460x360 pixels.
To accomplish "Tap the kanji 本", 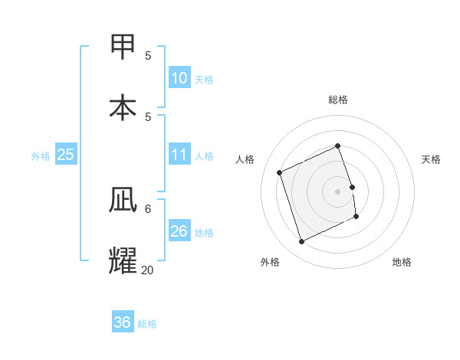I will [123, 106].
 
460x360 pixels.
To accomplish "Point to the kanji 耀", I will [123, 260].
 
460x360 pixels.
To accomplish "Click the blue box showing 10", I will [179, 77].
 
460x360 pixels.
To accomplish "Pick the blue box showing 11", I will [179, 155].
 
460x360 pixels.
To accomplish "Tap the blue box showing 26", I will [179, 231].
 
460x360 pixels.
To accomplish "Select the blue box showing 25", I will [66, 155].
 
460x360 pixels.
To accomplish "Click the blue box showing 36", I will [123, 322].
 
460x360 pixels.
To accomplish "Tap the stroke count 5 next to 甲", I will [148, 55].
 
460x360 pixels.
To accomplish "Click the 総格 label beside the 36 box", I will [147, 324].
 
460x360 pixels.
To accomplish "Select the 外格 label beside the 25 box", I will [41, 155].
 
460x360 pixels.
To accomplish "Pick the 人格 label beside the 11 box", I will [204, 155].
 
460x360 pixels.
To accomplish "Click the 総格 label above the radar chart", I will [338, 100].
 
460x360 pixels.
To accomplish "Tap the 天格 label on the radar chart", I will [431, 159].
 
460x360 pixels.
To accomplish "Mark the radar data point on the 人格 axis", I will [280, 172].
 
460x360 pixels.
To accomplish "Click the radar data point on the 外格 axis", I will [301, 242].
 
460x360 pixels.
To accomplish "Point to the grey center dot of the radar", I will [338, 191].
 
